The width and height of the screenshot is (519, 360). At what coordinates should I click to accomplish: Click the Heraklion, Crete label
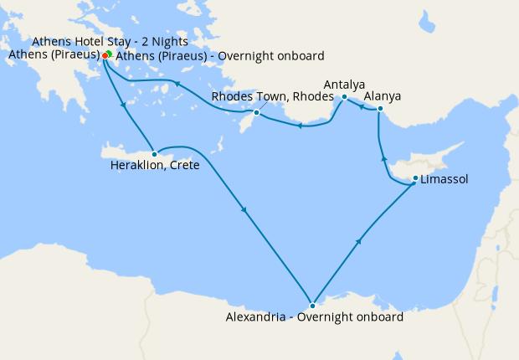click(x=155, y=166)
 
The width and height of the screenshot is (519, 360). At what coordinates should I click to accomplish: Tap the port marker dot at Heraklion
click(x=154, y=154)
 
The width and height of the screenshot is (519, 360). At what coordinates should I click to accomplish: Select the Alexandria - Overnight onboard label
click(x=315, y=317)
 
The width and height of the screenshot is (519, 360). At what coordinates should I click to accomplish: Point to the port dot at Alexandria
click(x=312, y=306)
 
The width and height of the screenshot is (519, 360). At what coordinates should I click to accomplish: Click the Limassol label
click(x=444, y=179)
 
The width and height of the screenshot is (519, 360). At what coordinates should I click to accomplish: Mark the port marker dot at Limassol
click(x=416, y=178)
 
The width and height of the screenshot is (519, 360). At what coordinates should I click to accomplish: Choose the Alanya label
click(x=382, y=96)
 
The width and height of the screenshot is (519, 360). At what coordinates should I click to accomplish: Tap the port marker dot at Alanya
click(x=380, y=108)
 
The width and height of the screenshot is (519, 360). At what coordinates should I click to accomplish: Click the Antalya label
click(x=344, y=85)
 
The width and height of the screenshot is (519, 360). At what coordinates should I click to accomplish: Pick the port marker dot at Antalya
click(x=344, y=97)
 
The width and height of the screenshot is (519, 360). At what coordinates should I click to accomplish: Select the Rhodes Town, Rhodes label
click(x=259, y=97)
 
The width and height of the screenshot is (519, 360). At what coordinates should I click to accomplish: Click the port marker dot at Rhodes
click(x=256, y=112)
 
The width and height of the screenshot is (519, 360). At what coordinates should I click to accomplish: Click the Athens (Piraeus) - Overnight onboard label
click(x=219, y=55)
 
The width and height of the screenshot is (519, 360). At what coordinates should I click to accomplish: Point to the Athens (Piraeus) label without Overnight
click(x=54, y=55)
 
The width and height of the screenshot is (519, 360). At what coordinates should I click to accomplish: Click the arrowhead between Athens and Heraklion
click(x=125, y=105)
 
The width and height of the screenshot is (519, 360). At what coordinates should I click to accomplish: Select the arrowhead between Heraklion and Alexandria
click(x=244, y=210)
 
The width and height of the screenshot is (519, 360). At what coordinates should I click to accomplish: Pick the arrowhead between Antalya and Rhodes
click(x=299, y=126)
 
